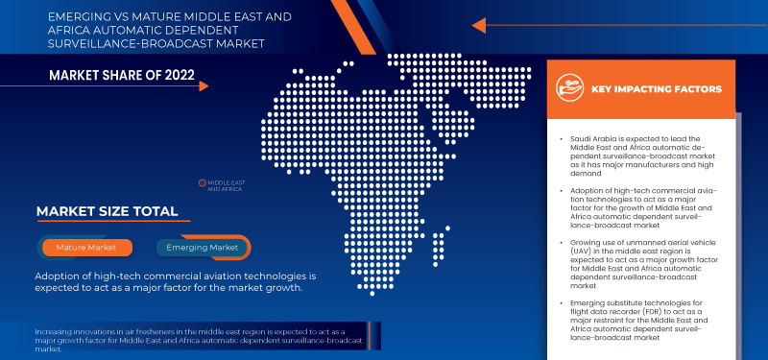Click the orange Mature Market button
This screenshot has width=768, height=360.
pyautogui.click(x=86, y=248)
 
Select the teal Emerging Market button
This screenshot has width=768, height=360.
pyautogui.click(x=204, y=248)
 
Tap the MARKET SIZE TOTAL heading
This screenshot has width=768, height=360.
pyautogui.click(x=107, y=211)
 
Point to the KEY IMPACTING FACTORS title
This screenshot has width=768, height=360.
pyautogui.click(x=657, y=89)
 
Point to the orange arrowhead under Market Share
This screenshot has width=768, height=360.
pyautogui.click(x=203, y=86)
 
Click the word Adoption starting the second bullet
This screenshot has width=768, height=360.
pyautogui.click(x=588, y=191)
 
